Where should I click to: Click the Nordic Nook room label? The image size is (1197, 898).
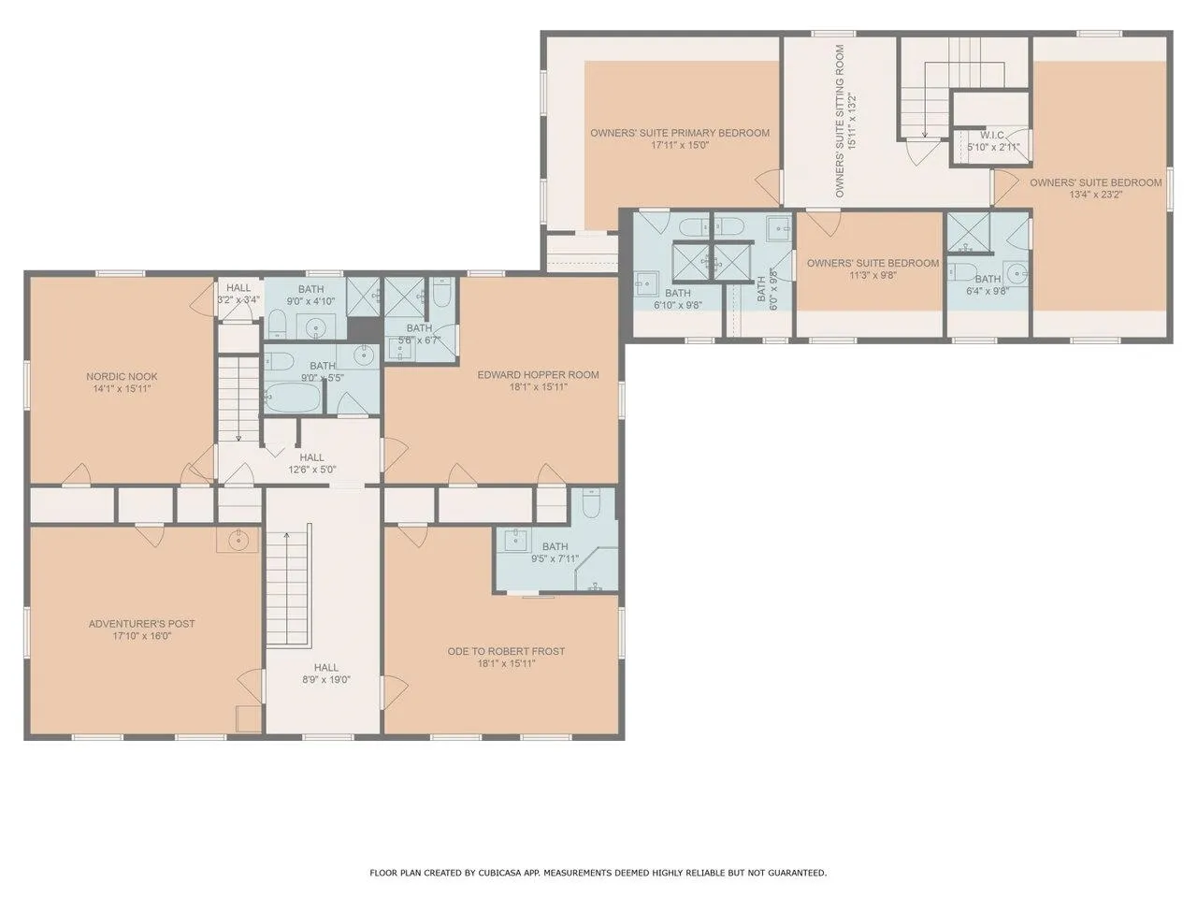tap(122, 376)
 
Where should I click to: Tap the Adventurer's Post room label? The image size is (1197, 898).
tap(142, 623)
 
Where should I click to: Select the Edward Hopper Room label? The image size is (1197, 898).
tap(539, 374)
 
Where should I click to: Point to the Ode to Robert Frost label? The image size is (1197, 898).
tap(506, 651)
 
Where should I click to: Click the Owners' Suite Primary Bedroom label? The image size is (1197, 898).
tap(680, 133)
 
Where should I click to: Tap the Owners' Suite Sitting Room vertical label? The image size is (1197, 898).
tap(840, 121)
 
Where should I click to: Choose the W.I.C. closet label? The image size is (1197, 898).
tap(992, 135)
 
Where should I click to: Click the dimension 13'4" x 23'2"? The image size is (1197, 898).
tap(1096, 195)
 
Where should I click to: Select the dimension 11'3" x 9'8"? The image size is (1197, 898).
tap(873, 275)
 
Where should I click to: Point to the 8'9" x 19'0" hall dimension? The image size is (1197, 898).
tap(326, 679)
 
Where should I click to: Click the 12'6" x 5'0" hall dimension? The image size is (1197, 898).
tap(312, 470)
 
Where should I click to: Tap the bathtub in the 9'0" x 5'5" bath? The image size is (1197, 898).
tap(293, 398)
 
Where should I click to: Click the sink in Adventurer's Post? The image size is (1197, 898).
tap(238, 541)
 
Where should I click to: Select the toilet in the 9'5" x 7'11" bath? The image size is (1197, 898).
tap(591, 501)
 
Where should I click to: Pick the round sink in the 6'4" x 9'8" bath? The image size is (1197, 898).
tap(1017, 272)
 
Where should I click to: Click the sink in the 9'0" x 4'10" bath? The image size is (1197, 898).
tap(316, 327)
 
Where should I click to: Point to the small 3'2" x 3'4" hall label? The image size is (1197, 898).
tap(238, 294)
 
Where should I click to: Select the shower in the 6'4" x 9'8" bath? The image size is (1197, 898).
tap(969, 232)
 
